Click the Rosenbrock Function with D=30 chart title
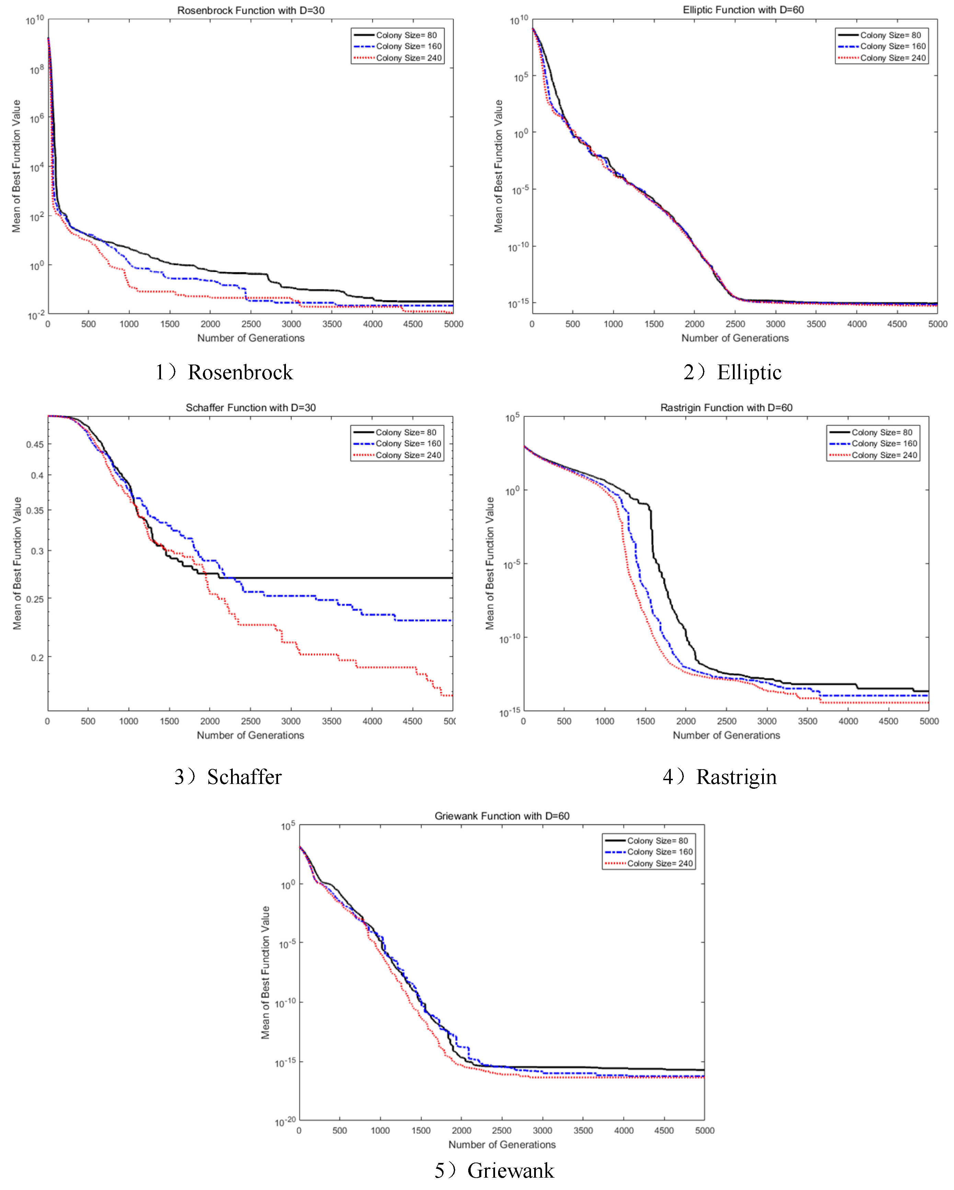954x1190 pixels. click(x=251, y=11)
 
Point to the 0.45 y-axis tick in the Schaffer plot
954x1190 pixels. click(x=35, y=445)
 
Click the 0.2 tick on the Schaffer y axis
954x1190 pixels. click(x=37, y=657)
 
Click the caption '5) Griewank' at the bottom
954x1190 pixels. click(x=494, y=1171)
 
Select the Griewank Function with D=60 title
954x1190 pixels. click(x=502, y=816)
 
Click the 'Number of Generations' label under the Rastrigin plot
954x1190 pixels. click(x=726, y=735)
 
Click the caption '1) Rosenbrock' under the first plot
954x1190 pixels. click(x=224, y=372)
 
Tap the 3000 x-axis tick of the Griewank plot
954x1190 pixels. click(x=542, y=1130)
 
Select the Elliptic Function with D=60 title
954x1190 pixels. click(x=743, y=10)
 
